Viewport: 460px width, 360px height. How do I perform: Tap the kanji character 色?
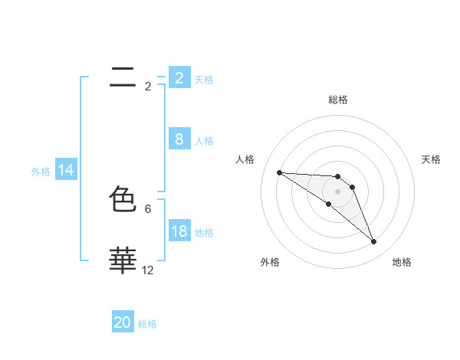[x=123, y=200]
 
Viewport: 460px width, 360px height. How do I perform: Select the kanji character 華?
[x=123, y=260]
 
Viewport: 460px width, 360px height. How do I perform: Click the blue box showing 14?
[x=66, y=171]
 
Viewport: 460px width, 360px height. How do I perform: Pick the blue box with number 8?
[x=179, y=139]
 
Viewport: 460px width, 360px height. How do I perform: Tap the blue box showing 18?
[x=179, y=231]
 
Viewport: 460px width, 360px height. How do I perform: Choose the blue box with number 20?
[x=123, y=322]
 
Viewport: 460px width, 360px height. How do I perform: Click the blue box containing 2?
[x=179, y=78]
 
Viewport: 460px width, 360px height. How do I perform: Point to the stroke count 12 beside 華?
[x=148, y=270]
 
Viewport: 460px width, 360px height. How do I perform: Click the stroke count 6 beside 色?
[x=148, y=208]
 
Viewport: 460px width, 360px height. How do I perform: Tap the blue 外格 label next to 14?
[x=41, y=172]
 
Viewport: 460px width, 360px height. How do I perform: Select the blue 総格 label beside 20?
[x=147, y=324]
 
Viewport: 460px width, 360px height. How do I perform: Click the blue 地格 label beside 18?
[x=204, y=233]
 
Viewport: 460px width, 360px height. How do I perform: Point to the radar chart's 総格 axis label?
[x=338, y=100]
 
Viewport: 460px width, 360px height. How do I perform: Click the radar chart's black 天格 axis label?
[x=432, y=159]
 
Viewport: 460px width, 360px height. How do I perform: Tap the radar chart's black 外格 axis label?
[x=270, y=262]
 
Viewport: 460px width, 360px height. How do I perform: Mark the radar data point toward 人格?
[x=279, y=172]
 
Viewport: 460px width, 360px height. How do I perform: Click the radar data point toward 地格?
[x=373, y=242]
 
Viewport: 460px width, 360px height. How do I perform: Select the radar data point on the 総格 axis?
[x=338, y=176]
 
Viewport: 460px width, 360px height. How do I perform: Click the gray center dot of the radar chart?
[x=338, y=191]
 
